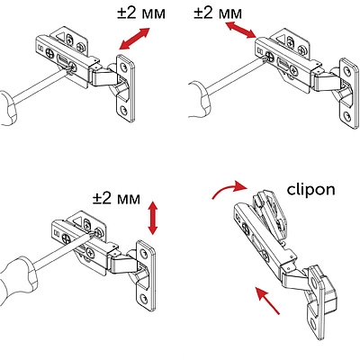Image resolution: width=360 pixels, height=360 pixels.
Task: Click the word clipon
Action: (311, 191)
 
